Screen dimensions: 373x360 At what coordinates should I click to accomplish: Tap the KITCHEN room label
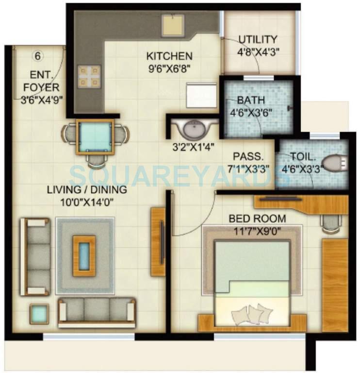click(170, 56)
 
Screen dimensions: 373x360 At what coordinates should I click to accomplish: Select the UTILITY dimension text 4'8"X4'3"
click(258, 50)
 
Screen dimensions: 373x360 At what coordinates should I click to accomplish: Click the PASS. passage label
click(248, 156)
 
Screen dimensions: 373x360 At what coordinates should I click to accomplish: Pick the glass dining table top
click(95, 137)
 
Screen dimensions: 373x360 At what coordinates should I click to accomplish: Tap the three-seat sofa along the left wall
click(35, 256)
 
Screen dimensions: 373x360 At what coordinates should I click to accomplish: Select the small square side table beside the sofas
click(37, 314)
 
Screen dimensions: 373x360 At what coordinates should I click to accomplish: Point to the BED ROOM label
click(257, 219)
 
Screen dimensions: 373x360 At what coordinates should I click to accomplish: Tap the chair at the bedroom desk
click(330, 223)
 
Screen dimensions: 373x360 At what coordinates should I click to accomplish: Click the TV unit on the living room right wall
click(159, 234)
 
